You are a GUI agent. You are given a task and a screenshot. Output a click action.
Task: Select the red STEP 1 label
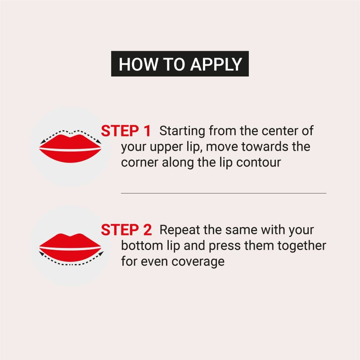[x=126, y=131]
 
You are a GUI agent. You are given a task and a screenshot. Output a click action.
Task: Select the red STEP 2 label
[x=126, y=229]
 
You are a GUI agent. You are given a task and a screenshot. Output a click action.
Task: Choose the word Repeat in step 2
[x=179, y=229]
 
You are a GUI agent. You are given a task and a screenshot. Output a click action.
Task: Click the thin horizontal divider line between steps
[x=223, y=193]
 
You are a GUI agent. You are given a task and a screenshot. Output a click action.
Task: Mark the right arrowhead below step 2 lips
[x=99, y=254]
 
